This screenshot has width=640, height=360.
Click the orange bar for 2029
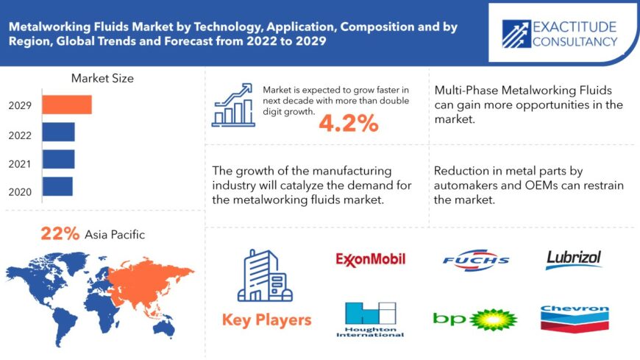tap(67, 105)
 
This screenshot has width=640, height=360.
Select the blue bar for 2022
tap(58, 132)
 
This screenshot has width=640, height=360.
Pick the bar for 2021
tap(58, 159)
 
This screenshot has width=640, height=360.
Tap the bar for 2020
tap(57, 186)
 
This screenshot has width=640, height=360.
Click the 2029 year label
tap(20, 105)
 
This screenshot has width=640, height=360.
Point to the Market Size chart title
tap(102, 78)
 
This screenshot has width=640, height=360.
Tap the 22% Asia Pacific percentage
tap(60, 234)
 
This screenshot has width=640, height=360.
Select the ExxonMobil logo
tap(371, 258)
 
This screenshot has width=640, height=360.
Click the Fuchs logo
tap(476, 259)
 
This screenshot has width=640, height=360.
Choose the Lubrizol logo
tap(574, 258)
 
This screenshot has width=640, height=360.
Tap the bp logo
tap(475, 319)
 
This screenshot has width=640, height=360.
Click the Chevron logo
tap(574, 319)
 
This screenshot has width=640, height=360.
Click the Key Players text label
tap(266, 320)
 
